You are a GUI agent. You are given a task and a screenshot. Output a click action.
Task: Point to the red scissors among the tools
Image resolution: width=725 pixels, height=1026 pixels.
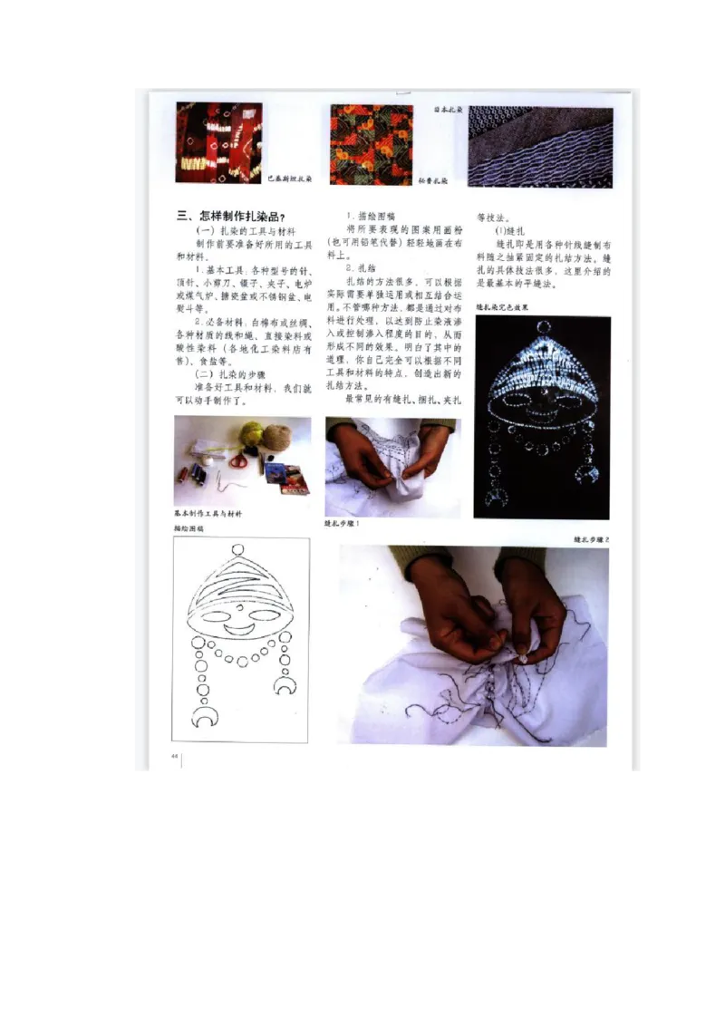238,460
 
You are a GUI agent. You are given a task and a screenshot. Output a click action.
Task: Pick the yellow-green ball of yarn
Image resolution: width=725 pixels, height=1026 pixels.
252,433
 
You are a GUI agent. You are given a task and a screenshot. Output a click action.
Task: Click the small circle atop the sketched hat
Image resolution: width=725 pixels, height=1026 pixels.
238,549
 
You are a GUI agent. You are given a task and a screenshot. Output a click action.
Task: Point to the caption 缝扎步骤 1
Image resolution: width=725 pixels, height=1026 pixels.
343,524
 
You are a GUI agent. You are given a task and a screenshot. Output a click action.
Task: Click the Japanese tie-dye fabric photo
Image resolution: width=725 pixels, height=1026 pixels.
540,146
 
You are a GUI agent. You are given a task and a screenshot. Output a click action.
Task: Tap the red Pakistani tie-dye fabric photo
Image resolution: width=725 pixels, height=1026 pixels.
218,142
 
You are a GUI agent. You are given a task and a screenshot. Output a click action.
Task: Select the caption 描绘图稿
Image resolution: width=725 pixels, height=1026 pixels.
189,528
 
